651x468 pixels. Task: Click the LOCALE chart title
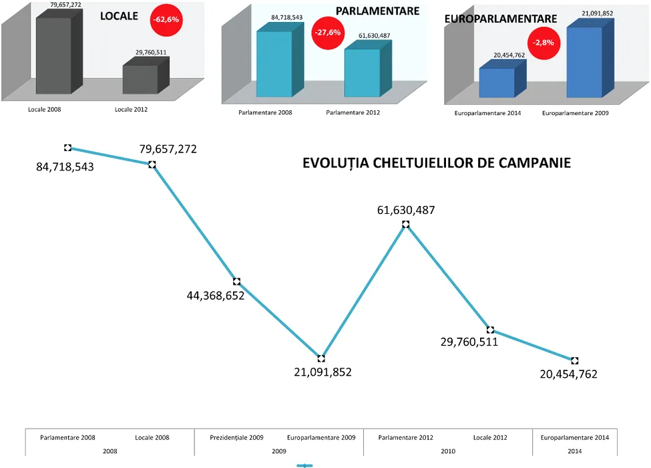coord(119,15)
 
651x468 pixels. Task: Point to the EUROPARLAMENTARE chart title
coord(501,19)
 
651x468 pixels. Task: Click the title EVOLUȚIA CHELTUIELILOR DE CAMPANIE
coord(437,162)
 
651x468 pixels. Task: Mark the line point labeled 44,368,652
coord(236,281)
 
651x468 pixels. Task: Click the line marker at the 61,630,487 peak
coord(405,225)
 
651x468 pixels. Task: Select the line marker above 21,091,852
coord(321,359)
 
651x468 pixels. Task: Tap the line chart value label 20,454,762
coord(568,374)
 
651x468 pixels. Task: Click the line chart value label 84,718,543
coord(65,166)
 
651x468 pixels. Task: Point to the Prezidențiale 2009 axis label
coord(236,438)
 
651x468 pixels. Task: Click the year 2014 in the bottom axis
coord(574,451)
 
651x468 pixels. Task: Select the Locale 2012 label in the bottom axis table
coord(490,438)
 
